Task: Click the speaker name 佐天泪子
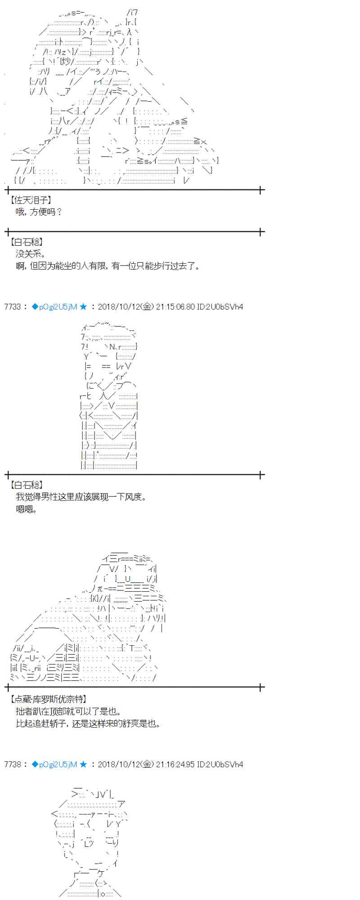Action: coord(31,200)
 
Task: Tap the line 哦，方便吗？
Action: coord(39,211)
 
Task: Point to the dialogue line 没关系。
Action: coord(31,254)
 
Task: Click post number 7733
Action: coord(13,307)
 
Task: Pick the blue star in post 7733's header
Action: coord(83,307)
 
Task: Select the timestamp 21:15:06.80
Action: coord(175,307)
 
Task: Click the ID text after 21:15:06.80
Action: coord(220,307)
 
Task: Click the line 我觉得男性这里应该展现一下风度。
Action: coord(81,497)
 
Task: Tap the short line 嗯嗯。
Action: coord(27,509)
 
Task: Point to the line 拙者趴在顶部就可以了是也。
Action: coord(68,711)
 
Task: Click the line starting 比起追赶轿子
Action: coord(88,723)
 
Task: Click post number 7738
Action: coord(13,764)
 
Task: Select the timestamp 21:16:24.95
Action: coord(175,764)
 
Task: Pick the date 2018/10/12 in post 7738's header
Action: coord(119,764)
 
